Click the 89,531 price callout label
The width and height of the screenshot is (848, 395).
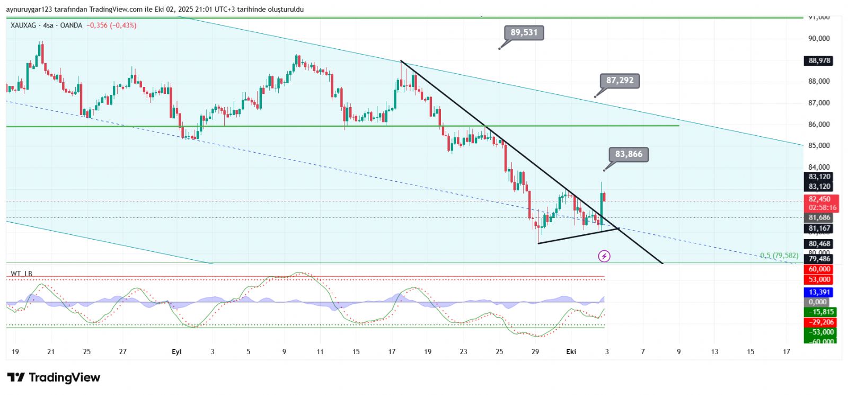[524, 33]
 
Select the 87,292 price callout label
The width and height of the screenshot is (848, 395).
[620, 81]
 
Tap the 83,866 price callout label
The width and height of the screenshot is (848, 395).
[629, 154]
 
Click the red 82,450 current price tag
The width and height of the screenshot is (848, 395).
[819, 199]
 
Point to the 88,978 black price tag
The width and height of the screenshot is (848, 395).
[819, 61]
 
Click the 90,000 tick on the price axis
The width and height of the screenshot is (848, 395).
[819, 39]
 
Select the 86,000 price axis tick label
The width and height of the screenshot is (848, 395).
[819, 125]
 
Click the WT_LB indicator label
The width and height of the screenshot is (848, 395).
[21, 274]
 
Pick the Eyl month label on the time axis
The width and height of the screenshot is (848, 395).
[176, 352]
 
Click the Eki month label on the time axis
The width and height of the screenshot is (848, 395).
[571, 352]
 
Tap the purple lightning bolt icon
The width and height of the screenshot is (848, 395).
[604, 257]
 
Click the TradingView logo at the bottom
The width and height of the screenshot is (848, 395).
[54, 378]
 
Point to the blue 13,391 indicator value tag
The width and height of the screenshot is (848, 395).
[819, 292]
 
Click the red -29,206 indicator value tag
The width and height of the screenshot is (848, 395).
[819, 322]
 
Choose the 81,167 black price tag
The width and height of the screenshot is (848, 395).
[819, 229]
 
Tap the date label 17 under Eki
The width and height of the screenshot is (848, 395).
[787, 352]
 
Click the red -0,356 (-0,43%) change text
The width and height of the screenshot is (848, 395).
[111, 25]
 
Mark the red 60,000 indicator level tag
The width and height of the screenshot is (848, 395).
[819, 269]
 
